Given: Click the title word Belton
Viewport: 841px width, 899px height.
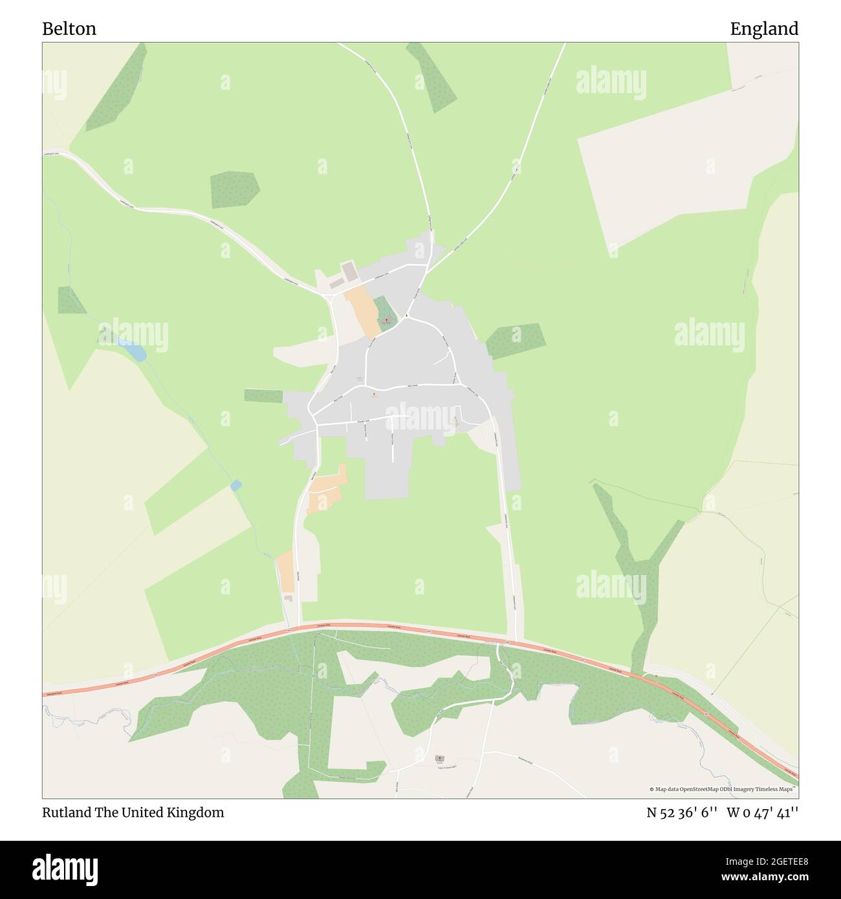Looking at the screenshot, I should tap(69, 28).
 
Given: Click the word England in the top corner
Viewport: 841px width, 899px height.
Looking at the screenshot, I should tap(764, 28).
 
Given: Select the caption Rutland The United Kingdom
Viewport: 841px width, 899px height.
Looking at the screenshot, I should tap(133, 812).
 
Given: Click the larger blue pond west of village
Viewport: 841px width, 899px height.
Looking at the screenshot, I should tap(137, 352).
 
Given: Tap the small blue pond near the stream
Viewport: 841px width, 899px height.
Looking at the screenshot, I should tap(236, 484).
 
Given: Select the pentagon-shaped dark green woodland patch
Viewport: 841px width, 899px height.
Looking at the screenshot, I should tap(234, 190).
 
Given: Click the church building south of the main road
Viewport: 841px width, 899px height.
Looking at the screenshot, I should tap(440, 758).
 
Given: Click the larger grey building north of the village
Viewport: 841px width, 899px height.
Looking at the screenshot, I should tap(349, 271).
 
